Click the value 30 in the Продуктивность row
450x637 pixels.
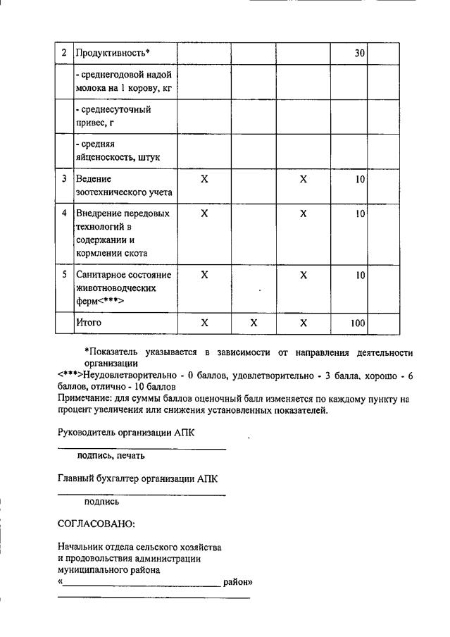tap(359, 53)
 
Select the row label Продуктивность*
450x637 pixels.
tap(113, 53)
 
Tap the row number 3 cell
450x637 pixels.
tap(64, 179)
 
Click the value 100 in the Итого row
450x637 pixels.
tap(357, 323)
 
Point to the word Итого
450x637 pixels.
tap(89, 323)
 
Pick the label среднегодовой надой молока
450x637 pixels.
tap(124, 82)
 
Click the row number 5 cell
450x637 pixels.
tap(64, 274)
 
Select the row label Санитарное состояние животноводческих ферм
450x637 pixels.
tap(124, 287)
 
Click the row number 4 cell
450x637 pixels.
tap(64, 213)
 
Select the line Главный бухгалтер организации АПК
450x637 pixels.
tap(137, 478)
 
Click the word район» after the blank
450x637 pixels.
tap(237, 583)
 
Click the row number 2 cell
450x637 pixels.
tap(64, 53)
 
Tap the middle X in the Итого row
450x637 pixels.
tap(254, 323)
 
